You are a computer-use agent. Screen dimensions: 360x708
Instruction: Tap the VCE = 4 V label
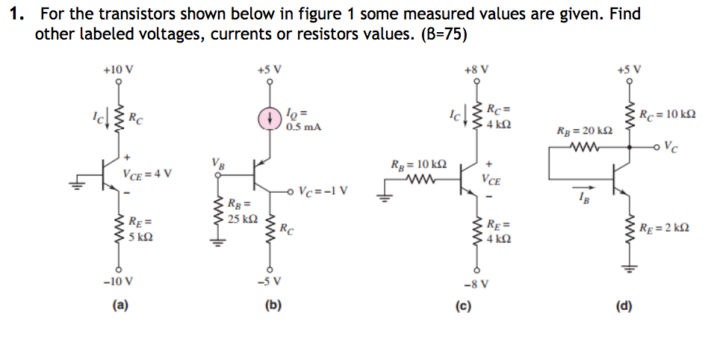148,175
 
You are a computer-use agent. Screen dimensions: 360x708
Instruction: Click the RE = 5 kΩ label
140,230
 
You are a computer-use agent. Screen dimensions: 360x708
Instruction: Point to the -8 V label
476,283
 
